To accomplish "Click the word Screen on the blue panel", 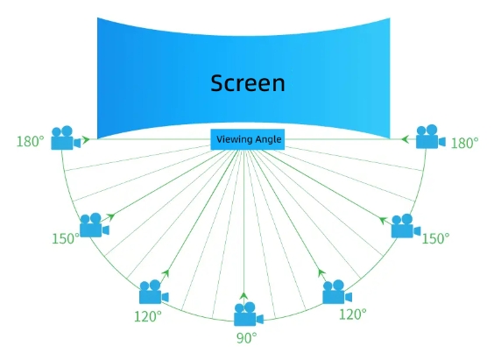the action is click(248, 83).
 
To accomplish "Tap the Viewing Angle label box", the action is click(248, 139).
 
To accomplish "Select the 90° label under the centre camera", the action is click(247, 338).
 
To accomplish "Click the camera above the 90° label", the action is click(248, 314).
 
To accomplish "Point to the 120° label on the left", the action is click(148, 316).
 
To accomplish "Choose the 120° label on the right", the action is click(352, 314).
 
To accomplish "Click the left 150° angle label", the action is click(66, 238).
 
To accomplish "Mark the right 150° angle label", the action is click(435, 238).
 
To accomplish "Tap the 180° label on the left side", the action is click(31, 141).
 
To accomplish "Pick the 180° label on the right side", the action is click(465, 143).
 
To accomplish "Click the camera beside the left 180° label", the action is click(66, 138).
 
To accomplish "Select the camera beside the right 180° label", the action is click(431, 137).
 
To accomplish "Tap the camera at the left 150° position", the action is click(95, 225).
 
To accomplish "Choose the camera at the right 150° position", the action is click(406, 226).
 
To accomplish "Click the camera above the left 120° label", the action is click(154, 292).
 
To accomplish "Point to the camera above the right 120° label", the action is click(337, 292).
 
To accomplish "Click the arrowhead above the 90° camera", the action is click(243, 296).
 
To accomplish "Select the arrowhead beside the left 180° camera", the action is click(85, 139).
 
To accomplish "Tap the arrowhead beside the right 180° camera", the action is click(406, 139).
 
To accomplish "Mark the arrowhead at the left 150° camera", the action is click(110, 216).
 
